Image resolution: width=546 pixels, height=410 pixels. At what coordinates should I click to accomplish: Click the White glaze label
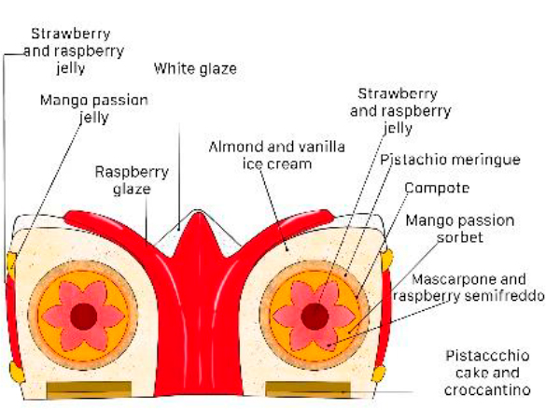click(x=195, y=68)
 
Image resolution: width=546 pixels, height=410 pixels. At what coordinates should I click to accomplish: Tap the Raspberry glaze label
click(x=132, y=180)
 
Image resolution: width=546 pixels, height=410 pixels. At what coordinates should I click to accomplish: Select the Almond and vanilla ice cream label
click(x=277, y=155)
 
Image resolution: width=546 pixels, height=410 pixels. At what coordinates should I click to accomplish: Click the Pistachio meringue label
click(x=450, y=160)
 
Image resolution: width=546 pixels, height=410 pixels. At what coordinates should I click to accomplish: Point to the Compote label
click(x=437, y=188)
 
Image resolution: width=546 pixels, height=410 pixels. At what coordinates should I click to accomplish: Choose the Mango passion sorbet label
click(x=460, y=229)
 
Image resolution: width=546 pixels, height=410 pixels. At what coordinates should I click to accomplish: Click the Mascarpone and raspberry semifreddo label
click(x=469, y=288)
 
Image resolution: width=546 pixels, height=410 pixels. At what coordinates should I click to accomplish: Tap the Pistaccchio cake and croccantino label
click(x=487, y=373)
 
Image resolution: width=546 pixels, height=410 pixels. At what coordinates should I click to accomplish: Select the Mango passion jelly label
click(x=94, y=108)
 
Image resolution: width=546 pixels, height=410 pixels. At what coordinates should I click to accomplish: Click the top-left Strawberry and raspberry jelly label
click(x=74, y=50)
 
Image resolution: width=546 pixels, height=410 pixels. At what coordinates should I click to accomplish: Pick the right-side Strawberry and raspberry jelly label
click(x=400, y=111)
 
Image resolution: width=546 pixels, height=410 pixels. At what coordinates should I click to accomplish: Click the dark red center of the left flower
click(x=84, y=317)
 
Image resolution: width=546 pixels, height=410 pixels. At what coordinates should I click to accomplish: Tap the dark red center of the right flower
click(x=315, y=317)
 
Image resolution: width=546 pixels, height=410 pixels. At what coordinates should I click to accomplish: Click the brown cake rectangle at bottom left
click(x=90, y=389)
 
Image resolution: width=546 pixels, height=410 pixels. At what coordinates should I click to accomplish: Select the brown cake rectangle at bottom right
click(x=308, y=389)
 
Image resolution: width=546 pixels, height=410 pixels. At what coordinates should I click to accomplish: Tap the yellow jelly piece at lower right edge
click(x=379, y=374)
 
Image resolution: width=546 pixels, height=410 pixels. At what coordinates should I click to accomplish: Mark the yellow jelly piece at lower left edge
click(x=17, y=373)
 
